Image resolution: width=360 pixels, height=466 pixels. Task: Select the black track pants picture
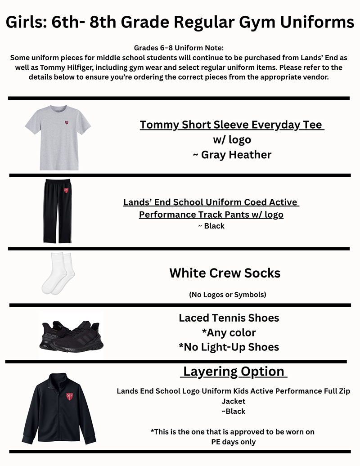[x=58, y=211]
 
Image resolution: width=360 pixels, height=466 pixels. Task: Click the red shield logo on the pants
[x=66, y=190]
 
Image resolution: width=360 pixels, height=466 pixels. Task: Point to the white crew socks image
[x=57, y=273]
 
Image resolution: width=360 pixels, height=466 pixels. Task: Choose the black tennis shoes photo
[x=72, y=336]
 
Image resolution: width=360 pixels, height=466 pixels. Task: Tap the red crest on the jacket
[x=70, y=396]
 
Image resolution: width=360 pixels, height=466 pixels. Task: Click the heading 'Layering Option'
[x=234, y=372]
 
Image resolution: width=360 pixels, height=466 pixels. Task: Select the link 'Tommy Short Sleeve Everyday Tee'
[x=232, y=125]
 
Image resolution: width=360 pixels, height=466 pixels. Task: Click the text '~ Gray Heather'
[x=232, y=155]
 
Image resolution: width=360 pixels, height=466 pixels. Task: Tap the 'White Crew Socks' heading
[x=225, y=273]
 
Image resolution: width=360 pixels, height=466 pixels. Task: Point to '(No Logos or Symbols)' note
[x=228, y=295]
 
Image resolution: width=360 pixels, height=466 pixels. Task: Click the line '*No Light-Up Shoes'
[x=229, y=347]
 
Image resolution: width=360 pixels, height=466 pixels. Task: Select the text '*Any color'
[x=229, y=333]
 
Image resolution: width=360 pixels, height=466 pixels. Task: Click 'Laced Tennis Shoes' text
[x=229, y=318]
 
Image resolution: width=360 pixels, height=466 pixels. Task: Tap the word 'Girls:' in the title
[x=27, y=22]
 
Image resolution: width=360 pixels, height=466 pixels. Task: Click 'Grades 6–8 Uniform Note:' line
[x=179, y=48]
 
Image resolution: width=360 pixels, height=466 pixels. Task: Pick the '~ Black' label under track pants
[x=211, y=226]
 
